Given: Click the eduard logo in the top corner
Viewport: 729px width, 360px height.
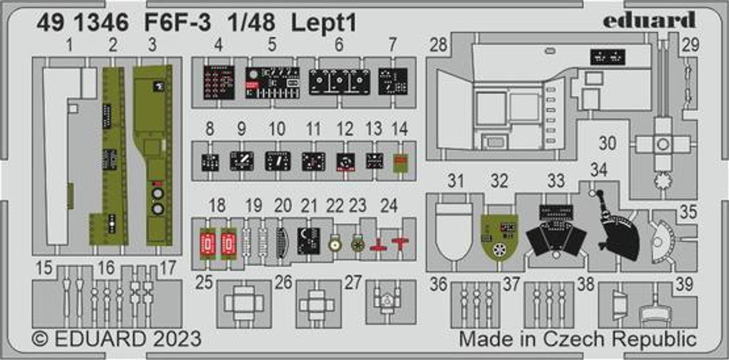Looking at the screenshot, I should pyautogui.click(x=649, y=21).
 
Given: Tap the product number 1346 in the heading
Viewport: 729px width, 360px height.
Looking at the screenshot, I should pyautogui.click(x=91, y=23).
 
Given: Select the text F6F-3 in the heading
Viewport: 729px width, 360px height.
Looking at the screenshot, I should pyautogui.click(x=174, y=23).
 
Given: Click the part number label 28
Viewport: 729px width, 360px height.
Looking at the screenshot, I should pyautogui.click(x=438, y=46).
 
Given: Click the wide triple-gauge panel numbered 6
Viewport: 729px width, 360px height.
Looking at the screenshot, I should pyautogui.click(x=339, y=82).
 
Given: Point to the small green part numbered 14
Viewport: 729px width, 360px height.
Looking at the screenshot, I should pyautogui.click(x=401, y=163).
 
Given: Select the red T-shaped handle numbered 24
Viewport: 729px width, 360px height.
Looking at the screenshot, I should pyautogui.click(x=401, y=242).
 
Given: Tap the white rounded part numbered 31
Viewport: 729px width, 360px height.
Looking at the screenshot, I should pyautogui.click(x=453, y=231).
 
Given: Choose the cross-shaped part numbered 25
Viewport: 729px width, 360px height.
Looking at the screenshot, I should pyautogui.click(x=243, y=304).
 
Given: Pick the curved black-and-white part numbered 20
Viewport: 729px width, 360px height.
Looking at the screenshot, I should pyautogui.click(x=283, y=242).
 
